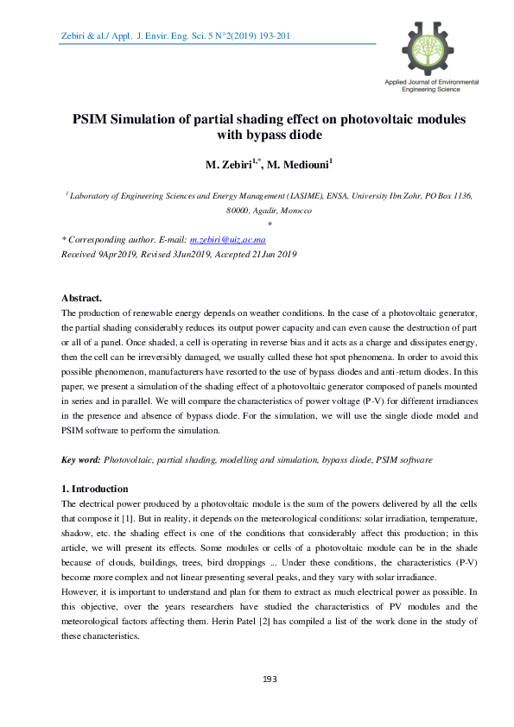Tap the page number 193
269,680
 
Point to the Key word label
81,461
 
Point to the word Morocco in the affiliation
294,211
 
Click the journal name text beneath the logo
429,85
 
